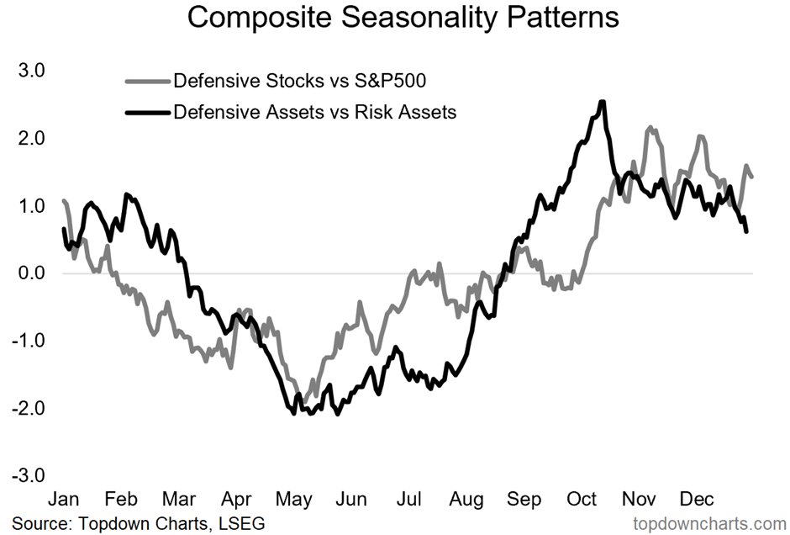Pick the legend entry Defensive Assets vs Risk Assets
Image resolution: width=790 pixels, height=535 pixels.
click(314, 112)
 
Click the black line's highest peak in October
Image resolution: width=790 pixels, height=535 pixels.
click(602, 103)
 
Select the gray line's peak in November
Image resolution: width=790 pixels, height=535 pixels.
click(650, 129)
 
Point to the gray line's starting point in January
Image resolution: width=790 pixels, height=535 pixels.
click(64, 201)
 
